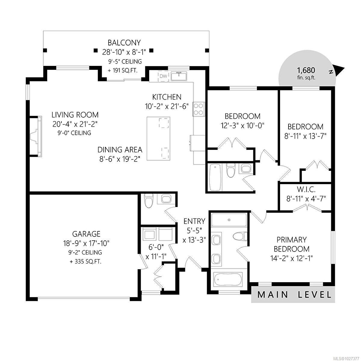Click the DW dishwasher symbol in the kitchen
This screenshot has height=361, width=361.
point(163,76)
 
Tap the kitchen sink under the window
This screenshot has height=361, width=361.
point(179,76)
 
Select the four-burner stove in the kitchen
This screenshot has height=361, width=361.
point(199,109)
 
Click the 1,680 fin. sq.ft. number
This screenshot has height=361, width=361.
point(306,70)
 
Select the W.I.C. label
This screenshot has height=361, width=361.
point(306,190)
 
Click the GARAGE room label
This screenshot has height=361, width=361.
point(86,234)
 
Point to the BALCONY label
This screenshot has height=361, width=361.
point(124,43)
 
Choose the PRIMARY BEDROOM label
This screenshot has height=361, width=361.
point(292,244)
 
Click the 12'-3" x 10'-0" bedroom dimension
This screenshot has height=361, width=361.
point(242,126)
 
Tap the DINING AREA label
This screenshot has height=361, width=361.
point(120,150)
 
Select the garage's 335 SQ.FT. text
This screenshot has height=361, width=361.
point(86,261)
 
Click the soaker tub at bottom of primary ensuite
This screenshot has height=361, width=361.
point(228,279)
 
